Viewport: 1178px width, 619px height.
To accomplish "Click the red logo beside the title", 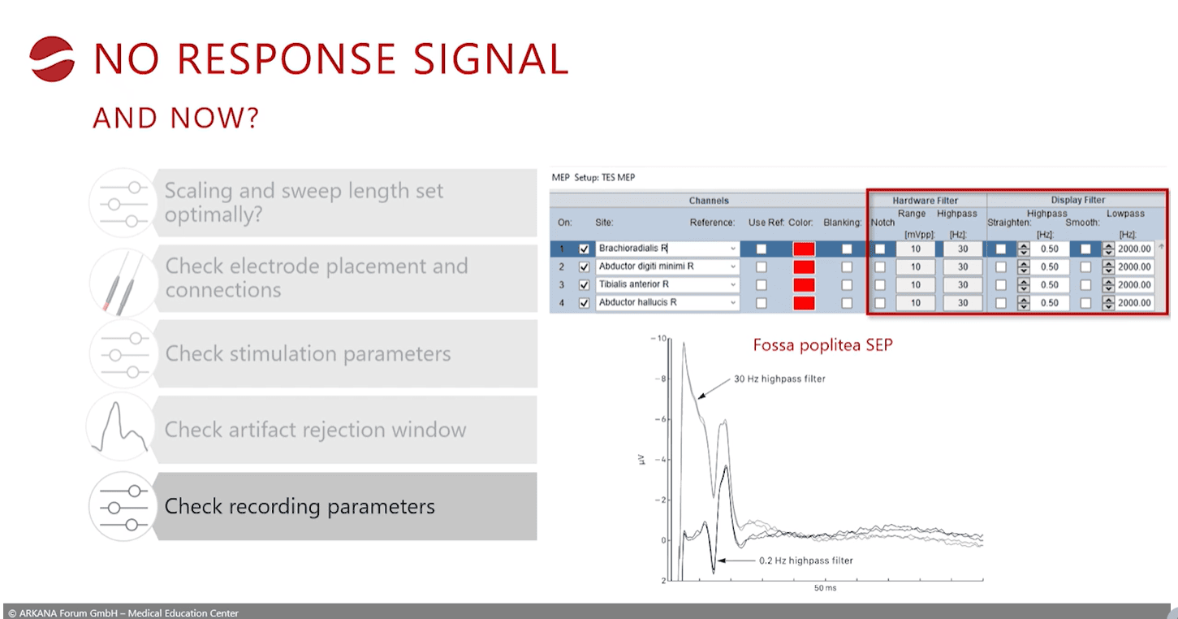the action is (51, 58).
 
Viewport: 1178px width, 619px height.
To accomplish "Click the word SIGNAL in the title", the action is (490, 58).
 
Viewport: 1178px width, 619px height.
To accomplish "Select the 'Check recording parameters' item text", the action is (300, 506).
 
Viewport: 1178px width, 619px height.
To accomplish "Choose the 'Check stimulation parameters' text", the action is (309, 353).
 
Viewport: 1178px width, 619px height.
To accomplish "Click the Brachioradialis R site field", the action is (667, 249).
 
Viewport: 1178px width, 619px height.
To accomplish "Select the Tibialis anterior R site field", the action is (667, 285).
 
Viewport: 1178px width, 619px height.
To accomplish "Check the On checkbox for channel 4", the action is (584, 303).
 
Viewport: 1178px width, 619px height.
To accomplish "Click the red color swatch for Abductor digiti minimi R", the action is (804, 267).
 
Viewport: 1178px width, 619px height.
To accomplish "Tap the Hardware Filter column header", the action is (925, 201).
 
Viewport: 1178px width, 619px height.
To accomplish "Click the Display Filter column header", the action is (1077, 200).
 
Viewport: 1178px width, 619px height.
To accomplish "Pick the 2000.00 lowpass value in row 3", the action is (1134, 285).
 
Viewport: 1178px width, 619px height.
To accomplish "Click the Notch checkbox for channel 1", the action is (880, 249).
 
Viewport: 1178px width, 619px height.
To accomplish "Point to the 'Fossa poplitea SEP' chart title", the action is (823, 345).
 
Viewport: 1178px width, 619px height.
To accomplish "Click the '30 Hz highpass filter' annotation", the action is (779, 379).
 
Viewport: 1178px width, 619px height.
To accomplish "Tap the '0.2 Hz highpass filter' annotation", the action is (805, 561).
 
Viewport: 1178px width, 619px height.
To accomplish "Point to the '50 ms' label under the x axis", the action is (825, 588).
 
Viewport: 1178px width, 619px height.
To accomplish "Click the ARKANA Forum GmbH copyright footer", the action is (123, 613).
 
